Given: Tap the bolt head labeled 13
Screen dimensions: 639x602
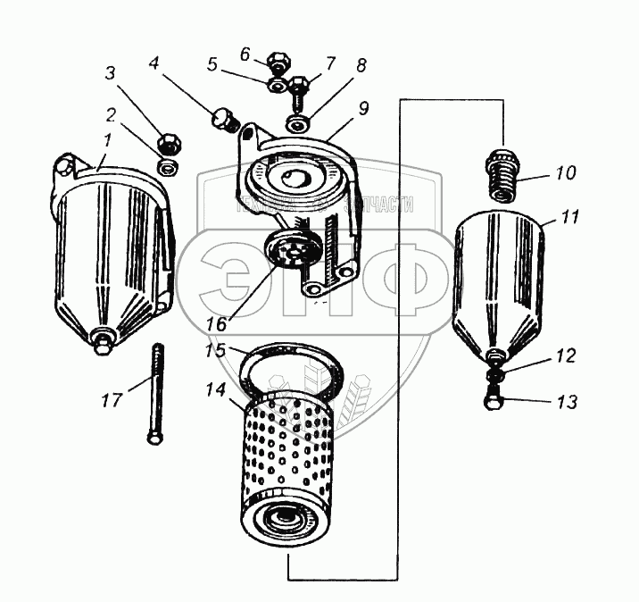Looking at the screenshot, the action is pos(494,402).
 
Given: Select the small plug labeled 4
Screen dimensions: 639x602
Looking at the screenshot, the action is pos(223,118).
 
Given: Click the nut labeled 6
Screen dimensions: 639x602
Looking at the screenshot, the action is pos(277,65).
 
